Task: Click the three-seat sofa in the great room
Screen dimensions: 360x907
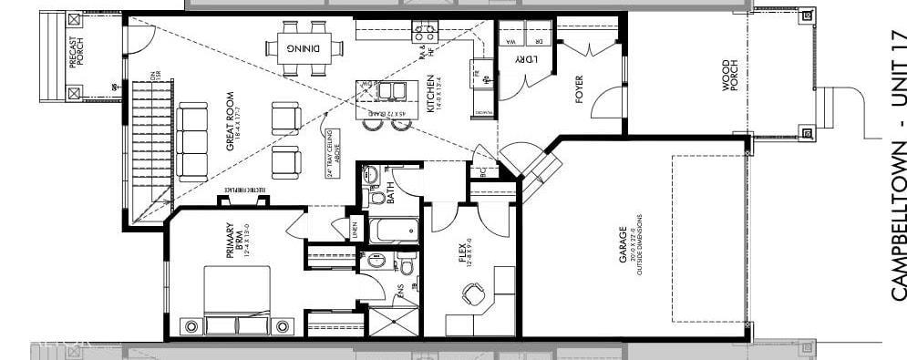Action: pos(192,141)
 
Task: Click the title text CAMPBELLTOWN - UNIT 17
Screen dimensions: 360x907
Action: pos(897,164)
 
